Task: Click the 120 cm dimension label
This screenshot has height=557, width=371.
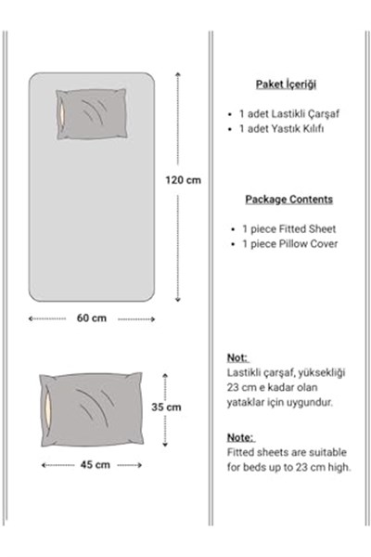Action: (183, 180)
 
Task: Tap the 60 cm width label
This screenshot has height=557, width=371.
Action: (92, 317)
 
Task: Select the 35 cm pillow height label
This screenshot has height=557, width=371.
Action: (166, 407)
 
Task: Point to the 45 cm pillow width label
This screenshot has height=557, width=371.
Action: (96, 465)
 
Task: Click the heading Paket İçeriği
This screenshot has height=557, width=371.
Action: (286, 84)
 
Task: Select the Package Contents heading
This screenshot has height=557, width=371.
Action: (289, 200)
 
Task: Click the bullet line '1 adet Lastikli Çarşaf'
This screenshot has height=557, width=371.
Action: (289, 113)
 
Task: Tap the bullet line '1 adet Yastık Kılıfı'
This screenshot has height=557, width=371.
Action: (281, 129)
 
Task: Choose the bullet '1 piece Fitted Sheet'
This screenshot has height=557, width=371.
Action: (288, 229)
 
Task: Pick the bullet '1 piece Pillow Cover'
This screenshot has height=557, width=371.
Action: (289, 244)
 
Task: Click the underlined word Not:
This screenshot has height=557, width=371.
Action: (237, 357)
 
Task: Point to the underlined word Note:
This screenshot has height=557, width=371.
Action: (240, 437)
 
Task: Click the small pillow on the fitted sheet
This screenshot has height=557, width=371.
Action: (92, 114)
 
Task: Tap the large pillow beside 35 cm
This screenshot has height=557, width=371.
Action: (91, 409)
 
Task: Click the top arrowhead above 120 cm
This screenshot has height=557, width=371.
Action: (178, 74)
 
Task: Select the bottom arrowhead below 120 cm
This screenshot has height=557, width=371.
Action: (178, 300)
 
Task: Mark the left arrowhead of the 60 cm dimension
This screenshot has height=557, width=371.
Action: (31, 318)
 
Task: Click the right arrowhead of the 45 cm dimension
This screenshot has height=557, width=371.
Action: (140, 465)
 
